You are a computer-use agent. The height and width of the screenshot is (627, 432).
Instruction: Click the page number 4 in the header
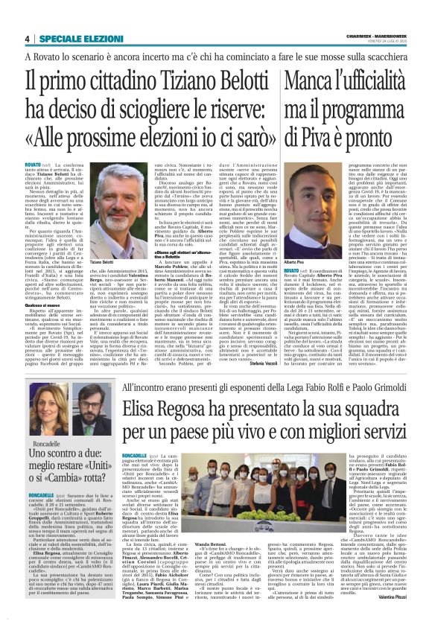click(x=27, y=39)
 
